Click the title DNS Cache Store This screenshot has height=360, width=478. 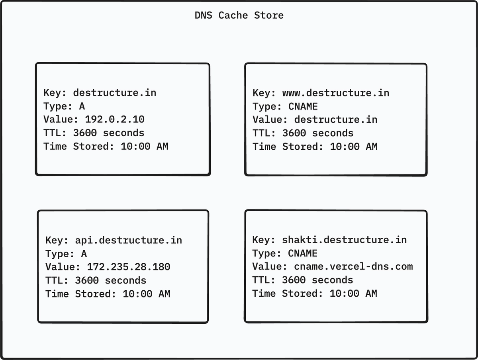239,16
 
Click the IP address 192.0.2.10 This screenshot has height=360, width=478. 115,119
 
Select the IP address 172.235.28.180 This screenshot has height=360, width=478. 129,267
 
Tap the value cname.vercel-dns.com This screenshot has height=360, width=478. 353,266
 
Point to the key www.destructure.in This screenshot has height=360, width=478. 336,93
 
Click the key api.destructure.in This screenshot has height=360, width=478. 129,240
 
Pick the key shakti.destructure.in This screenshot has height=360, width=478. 345,240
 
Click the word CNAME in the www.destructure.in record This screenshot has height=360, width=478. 303,106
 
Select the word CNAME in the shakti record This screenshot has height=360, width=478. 302,253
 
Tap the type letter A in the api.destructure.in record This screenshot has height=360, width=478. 84,254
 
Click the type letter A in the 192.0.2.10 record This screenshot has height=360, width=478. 82,106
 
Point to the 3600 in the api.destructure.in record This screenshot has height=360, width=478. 87,280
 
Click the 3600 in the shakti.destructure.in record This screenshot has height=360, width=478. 294,280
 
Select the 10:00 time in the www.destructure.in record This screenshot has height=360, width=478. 345,147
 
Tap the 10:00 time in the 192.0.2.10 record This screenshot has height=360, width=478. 135,146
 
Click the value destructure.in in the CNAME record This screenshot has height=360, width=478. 336,120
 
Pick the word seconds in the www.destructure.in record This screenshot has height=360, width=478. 333,133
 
